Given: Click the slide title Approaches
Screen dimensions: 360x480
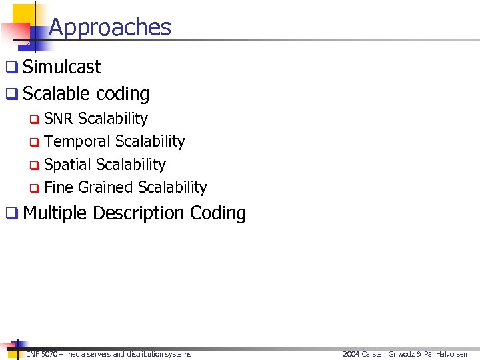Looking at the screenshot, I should [110, 27].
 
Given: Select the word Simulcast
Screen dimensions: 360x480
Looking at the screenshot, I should [61, 67].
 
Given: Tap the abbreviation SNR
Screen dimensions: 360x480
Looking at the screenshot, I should [59, 119].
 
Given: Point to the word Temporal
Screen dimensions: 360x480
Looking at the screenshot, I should [77, 141].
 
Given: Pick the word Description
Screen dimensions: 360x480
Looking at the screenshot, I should [139, 213].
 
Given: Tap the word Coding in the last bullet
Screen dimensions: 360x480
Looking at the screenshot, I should [218, 213].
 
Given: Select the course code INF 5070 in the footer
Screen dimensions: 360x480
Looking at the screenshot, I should [41, 354].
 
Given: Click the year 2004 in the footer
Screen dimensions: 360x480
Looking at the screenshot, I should [351, 354].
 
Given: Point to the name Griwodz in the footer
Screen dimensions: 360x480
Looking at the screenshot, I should [398, 354].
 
